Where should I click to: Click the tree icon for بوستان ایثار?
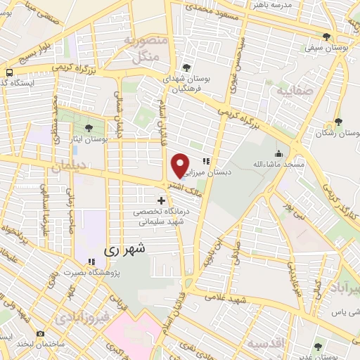(x=89, y=128)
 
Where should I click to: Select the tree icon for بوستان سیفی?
(x=327, y=37)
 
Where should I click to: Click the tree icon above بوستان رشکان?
(x=338, y=122)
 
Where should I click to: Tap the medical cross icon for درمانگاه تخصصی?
(x=161, y=201)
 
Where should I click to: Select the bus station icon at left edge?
(x=9, y=72)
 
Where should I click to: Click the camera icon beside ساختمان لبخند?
(x=41, y=333)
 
